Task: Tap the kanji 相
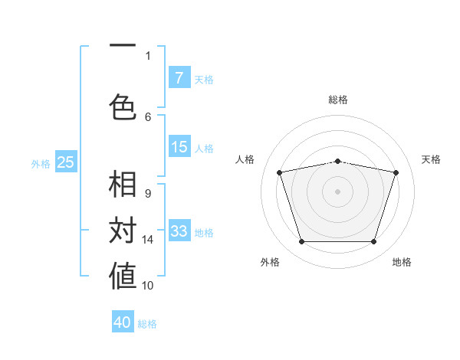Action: tap(123, 185)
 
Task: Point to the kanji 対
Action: tap(123, 231)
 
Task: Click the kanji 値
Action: tap(123, 277)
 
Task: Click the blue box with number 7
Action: tap(179, 78)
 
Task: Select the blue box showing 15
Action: tap(179, 147)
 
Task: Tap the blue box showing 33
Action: tap(179, 231)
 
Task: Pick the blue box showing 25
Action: tap(66, 162)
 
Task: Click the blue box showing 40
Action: tap(123, 322)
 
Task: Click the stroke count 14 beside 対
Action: tap(148, 240)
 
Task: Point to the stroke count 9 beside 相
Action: tap(148, 194)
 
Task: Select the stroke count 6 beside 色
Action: tap(148, 116)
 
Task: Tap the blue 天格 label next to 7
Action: tap(204, 79)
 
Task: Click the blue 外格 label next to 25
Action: tap(41, 163)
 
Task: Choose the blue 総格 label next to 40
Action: tap(147, 324)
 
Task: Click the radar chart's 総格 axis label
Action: tap(338, 100)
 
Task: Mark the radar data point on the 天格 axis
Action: tap(396, 172)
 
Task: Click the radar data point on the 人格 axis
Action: tap(280, 172)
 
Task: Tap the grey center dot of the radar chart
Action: tap(338, 191)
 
